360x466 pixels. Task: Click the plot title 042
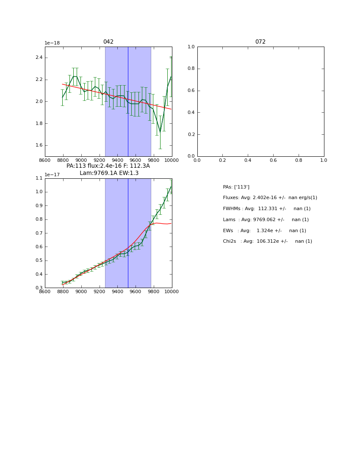pyautogui.click(x=108, y=42)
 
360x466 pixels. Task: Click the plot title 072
pyautogui.click(x=260, y=42)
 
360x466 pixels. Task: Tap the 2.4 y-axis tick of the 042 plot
pyautogui.click(x=39, y=58)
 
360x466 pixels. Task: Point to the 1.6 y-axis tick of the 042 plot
pyautogui.click(x=39, y=145)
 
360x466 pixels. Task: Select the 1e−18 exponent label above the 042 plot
pyautogui.click(x=52, y=43)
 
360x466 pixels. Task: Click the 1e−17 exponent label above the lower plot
pyautogui.click(x=52, y=175)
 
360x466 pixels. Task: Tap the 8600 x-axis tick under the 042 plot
pyautogui.click(x=45, y=160)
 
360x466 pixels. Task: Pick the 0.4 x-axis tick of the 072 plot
pyautogui.click(x=248, y=160)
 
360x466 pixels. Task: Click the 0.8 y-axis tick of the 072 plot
pyautogui.click(x=191, y=69)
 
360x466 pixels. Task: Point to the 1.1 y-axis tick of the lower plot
pyautogui.click(x=39, y=178)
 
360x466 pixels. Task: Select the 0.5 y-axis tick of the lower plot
pyautogui.click(x=39, y=261)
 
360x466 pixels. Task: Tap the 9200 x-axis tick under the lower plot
pyautogui.click(x=99, y=291)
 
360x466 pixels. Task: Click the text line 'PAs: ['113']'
pyautogui.click(x=236, y=187)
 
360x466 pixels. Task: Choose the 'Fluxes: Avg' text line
pyautogui.click(x=270, y=198)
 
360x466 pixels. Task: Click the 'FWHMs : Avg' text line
pyautogui.click(x=266, y=209)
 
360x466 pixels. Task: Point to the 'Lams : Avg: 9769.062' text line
pyautogui.click(x=266, y=220)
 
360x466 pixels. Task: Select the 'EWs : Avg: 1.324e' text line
pyautogui.click(x=264, y=231)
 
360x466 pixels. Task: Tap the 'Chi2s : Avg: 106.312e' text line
pyautogui.click(x=267, y=241)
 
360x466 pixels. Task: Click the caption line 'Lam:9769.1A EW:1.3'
pyautogui.click(x=109, y=173)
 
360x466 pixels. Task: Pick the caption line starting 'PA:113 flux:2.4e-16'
pyautogui.click(x=108, y=166)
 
